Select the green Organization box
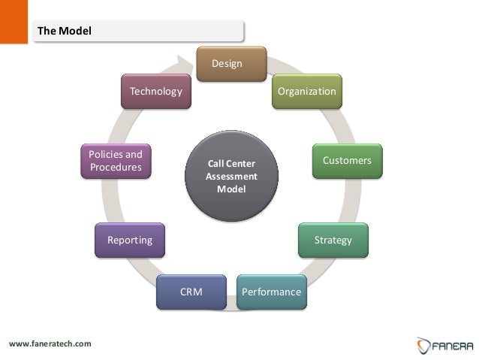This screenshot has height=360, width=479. tap(306, 91)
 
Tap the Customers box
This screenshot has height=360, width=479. tap(347, 161)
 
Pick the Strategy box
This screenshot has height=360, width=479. tap(333, 241)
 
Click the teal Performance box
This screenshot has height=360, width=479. tap(272, 292)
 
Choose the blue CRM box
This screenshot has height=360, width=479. tap(191, 292)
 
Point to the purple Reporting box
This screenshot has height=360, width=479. tap(130, 241)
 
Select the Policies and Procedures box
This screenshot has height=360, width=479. tap(116, 161)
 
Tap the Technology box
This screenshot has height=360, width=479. tap(156, 91)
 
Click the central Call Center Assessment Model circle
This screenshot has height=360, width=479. tap(231, 177)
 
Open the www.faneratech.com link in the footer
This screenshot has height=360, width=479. tap(50, 344)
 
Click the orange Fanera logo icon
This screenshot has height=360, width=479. tap(423, 345)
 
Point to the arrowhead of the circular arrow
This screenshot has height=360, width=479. tap(191, 66)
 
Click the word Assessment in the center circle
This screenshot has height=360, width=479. tap(231, 177)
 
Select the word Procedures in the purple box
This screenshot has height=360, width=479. tap(116, 168)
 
